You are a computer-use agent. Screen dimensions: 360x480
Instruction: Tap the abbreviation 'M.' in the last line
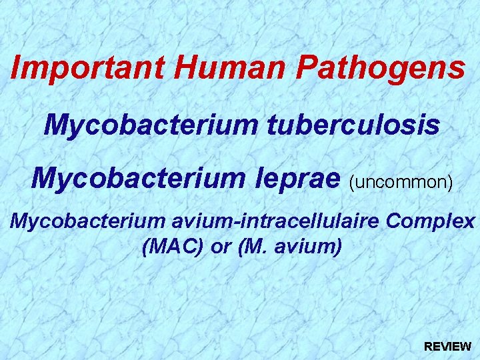pos(257,247)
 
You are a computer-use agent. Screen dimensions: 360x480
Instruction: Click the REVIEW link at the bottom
pos(448,347)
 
